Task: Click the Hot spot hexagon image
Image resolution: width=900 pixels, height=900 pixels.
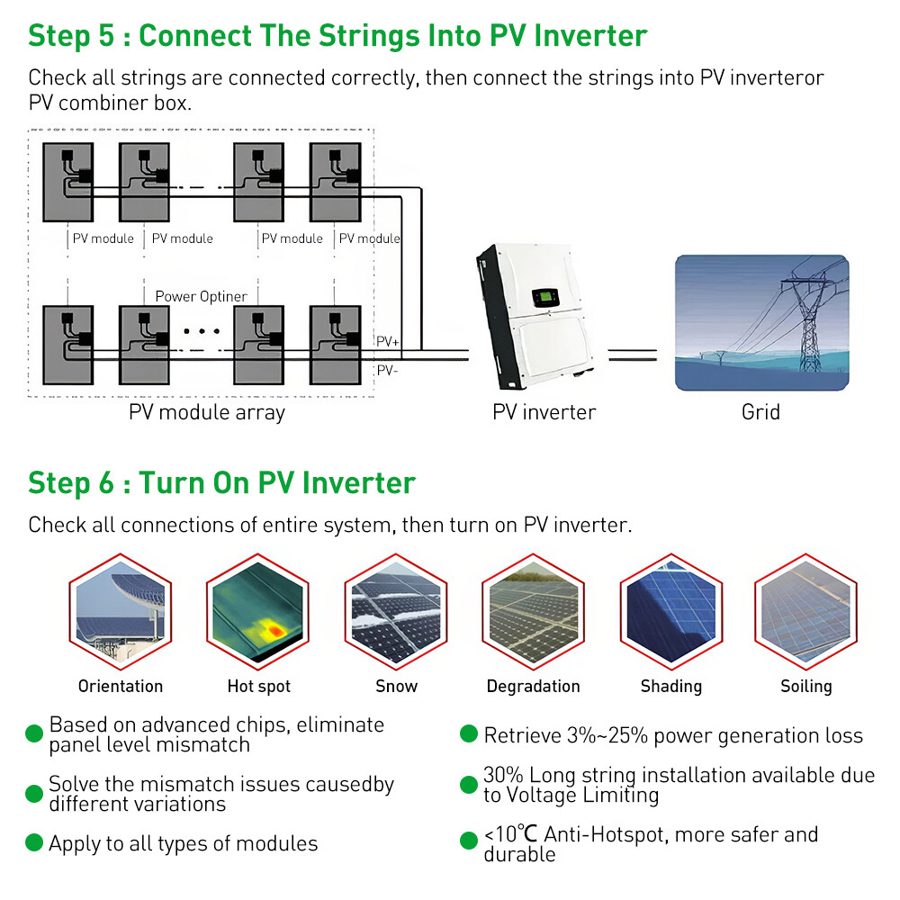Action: pyautogui.click(x=258, y=612)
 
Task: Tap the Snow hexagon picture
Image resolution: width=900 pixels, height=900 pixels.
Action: pyautogui.click(x=396, y=612)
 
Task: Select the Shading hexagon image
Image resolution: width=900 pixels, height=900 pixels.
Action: pyautogui.click(x=671, y=612)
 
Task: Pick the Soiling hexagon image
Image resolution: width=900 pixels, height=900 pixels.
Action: pyautogui.click(x=805, y=612)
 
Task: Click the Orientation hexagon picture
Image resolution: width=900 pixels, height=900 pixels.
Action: pyautogui.click(x=121, y=612)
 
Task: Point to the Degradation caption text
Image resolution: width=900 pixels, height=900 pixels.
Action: pyautogui.click(x=533, y=687)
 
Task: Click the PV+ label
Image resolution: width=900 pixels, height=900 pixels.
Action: pyautogui.click(x=388, y=342)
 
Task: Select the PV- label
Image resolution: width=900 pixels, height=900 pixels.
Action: pyautogui.click(x=387, y=370)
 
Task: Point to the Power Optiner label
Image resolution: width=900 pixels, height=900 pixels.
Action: pyautogui.click(x=201, y=296)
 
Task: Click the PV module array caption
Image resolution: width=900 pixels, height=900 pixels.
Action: pyautogui.click(x=206, y=413)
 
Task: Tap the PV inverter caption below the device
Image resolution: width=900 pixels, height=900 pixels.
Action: pyautogui.click(x=544, y=413)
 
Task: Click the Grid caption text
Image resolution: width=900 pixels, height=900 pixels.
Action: pyautogui.click(x=760, y=413)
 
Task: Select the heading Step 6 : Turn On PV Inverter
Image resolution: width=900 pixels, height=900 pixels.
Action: pyautogui.click(x=221, y=483)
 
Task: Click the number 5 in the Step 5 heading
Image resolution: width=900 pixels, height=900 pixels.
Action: pyautogui.click(x=108, y=36)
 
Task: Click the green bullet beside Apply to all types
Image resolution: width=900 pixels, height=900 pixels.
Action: pyautogui.click(x=34, y=843)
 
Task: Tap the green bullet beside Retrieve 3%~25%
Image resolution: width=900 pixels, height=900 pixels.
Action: pyautogui.click(x=468, y=734)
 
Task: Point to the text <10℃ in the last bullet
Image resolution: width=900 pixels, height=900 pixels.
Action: pyautogui.click(x=510, y=834)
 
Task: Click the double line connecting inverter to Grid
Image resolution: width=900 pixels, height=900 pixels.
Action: pyautogui.click(x=633, y=355)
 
